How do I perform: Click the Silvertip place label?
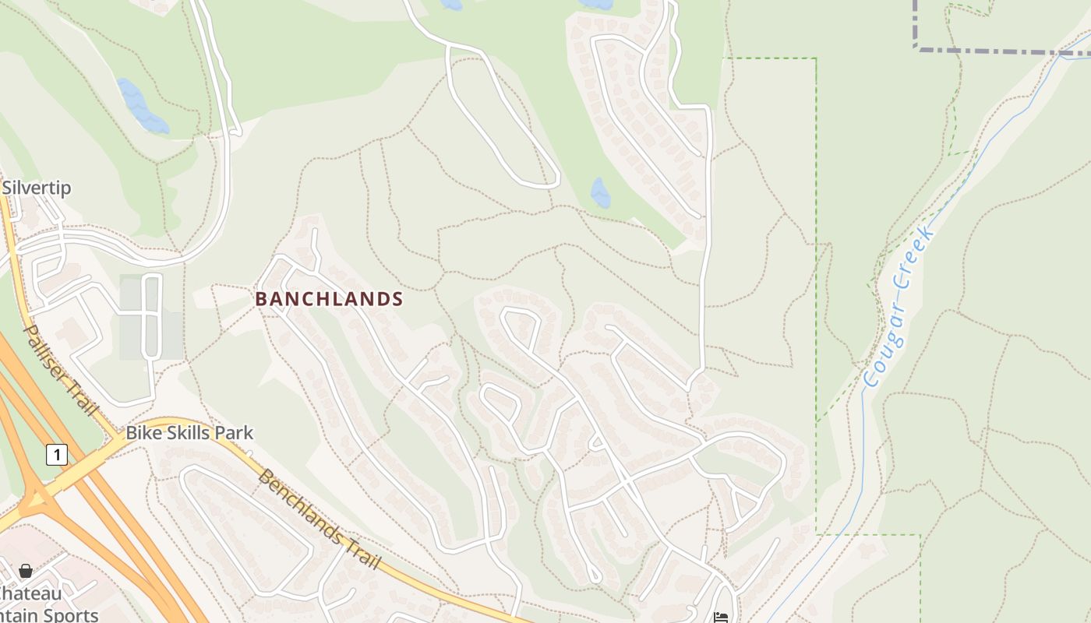(37, 188)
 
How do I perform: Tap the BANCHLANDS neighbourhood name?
(329, 299)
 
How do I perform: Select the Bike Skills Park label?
(189, 433)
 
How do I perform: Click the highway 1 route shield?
(56, 454)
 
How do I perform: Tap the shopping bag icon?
(26, 571)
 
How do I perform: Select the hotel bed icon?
(721, 618)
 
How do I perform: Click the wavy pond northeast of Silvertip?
(141, 106)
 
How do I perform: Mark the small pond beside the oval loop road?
(600, 192)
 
